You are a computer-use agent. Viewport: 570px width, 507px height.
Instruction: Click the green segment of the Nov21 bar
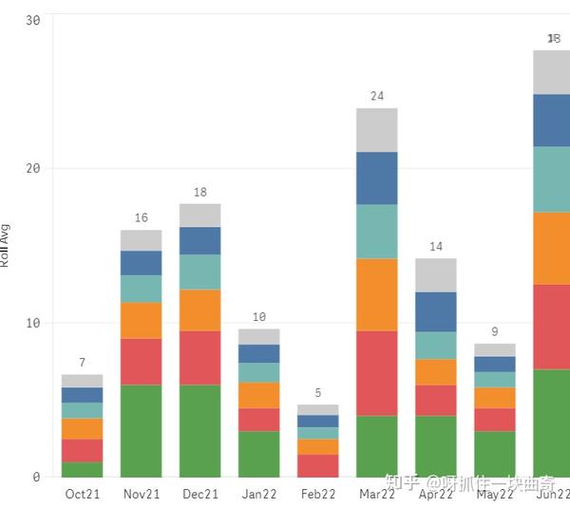tap(141, 430)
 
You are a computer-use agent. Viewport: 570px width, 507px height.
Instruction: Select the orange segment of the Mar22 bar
tap(377, 294)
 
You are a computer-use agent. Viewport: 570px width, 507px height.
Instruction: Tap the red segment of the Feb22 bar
tap(317, 465)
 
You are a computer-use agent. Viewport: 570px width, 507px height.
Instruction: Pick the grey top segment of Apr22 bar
tap(436, 274)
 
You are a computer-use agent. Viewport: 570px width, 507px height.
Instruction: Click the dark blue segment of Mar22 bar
tap(377, 178)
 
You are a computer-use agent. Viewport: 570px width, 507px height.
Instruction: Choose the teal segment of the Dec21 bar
tap(199, 272)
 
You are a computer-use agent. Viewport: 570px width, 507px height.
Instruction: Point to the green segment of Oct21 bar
tap(83, 469)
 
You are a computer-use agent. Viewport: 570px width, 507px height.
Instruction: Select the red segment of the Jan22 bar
tap(258, 420)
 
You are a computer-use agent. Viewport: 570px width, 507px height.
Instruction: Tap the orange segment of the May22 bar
tap(495, 397)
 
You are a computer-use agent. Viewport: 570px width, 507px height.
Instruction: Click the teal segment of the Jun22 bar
tap(551, 178)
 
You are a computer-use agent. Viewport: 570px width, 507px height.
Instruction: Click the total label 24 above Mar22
tap(377, 96)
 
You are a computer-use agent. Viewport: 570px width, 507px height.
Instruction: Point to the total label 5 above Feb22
tap(317, 393)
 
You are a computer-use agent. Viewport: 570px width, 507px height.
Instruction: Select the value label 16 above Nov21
tap(141, 218)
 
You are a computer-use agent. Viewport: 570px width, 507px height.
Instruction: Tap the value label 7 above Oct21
tap(83, 363)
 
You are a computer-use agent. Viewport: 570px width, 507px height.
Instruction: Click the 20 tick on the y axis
tap(33, 169)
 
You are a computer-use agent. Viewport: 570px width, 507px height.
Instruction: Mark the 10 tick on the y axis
tap(33, 323)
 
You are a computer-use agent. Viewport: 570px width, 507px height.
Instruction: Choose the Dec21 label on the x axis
tap(199, 495)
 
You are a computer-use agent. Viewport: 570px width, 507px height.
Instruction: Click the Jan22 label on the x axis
tap(258, 495)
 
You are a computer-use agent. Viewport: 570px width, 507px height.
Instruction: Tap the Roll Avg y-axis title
tap(5, 246)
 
